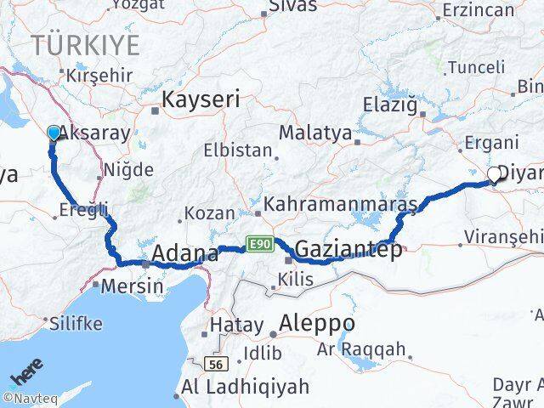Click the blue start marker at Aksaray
54,133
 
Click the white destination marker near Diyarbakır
494,176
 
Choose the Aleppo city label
318,323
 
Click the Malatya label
315,133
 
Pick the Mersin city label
132,286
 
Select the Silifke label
76,323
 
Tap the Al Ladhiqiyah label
233,388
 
